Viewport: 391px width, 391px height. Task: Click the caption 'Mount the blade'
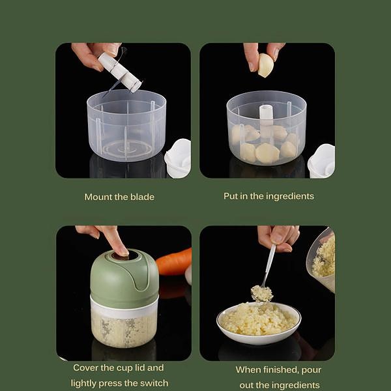tap(119, 196)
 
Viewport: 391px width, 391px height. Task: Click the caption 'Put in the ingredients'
tap(268, 195)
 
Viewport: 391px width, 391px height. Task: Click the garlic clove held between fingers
tap(265, 65)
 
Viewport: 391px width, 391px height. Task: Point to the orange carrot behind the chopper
tap(174, 262)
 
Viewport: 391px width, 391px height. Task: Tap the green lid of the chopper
tap(124, 280)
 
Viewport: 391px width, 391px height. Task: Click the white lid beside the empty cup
tap(178, 158)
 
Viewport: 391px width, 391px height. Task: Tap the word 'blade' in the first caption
tap(141, 196)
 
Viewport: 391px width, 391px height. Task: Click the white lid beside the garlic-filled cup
tap(321, 160)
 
